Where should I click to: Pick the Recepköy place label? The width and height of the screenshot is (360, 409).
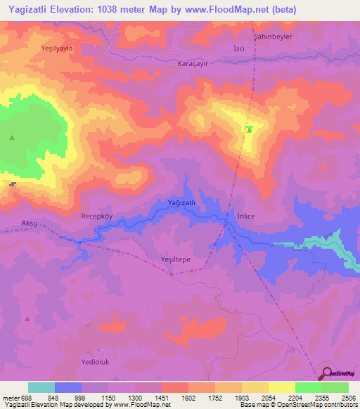96,216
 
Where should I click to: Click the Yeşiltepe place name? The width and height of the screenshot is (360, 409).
176,259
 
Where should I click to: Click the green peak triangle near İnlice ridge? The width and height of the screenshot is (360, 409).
249,129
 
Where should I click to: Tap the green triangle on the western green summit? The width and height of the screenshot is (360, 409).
12,138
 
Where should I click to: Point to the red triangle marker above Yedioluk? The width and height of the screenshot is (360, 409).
27,318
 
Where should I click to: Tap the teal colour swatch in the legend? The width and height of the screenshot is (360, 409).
41,387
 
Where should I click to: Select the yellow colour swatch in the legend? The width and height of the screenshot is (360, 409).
282,387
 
